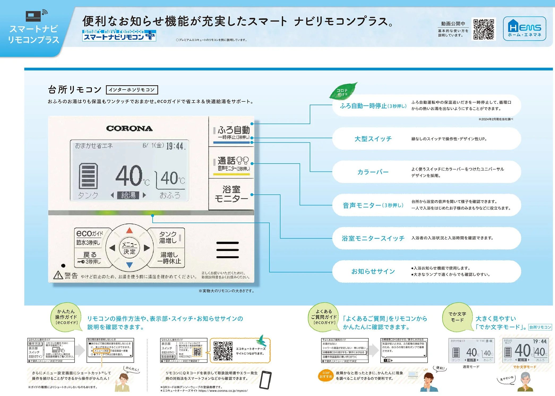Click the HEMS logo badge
tap(524, 29)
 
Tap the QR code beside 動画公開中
tap(484, 29)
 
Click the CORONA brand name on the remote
tap(129, 129)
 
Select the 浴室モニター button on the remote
tap(231, 194)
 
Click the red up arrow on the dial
tap(129, 231)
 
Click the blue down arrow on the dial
tap(129, 265)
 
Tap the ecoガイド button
tap(89, 237)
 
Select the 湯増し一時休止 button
tap(169, 258)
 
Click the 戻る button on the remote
tap(89, 258)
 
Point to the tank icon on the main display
tap(88, 176)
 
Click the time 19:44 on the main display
tap(175, 146)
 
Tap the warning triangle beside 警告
tap(58, 275)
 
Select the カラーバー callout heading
tap(373, 172)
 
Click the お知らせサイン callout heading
tap(373, 271)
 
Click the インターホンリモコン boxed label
tap(132, 90)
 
